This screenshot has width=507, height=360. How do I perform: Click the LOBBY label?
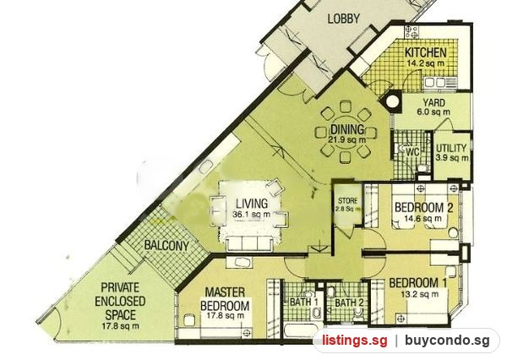tap(343, 19)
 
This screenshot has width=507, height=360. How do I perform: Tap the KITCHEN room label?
tap(426, 52)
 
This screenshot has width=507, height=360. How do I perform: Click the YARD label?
tap(433, 103)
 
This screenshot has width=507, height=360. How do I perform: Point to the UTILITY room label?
tap(451, 148)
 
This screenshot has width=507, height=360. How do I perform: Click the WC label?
tap(412, 151)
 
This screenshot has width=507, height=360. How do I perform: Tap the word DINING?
tap(347, 129)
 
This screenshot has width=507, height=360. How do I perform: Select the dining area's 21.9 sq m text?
tap(346, 139)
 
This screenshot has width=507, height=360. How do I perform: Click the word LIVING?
tap(252, 204)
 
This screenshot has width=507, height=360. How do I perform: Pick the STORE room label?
tap(347, 200)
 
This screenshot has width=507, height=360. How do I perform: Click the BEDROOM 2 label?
tap(423, 207)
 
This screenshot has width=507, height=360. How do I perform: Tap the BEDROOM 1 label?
tap(417, 283)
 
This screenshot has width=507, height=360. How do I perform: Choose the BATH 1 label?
tap(303, 302)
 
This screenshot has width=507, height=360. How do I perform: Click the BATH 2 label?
tap(349, 303)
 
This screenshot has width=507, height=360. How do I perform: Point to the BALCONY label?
tap(166, 245)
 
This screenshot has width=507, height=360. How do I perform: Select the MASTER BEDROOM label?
tap(225, 299)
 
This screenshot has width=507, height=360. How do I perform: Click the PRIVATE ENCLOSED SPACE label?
tap(120, 301)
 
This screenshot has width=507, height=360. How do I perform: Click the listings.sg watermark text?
tap(354, 341)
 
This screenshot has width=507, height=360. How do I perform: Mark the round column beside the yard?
tap(393, 101)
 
